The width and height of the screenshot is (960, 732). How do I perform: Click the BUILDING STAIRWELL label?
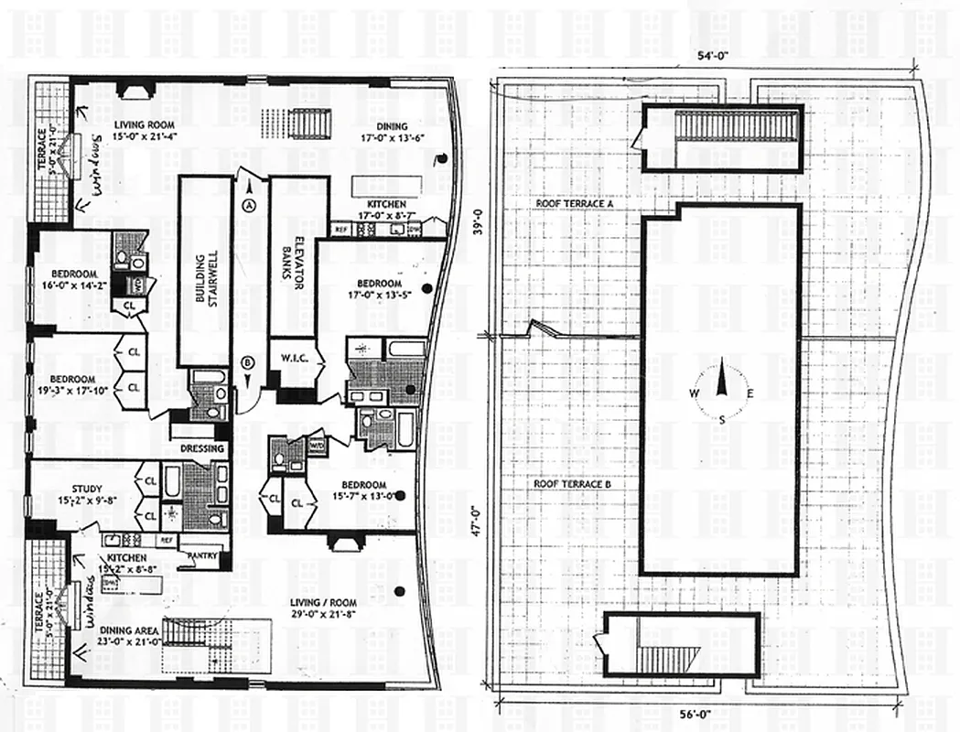(x=205, y=272)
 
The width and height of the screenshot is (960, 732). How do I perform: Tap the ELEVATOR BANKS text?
(x=297, y=272)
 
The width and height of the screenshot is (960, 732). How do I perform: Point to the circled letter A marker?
(x=247, y=206)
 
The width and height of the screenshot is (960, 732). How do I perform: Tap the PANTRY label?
(x=198, y=554)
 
